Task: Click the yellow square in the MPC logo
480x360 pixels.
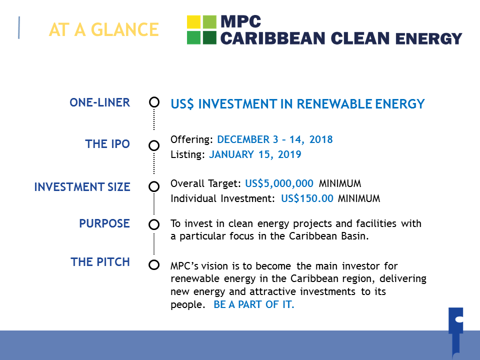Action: click(x=194, y=22)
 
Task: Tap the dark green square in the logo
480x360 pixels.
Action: click(x=209, y=37)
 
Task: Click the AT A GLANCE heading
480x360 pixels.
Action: click(x=104, y=29)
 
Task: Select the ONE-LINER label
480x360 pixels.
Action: click(x=100, y=102)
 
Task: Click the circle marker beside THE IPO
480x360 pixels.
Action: click(x=154, y=145)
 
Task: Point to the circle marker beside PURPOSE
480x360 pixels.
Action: click(x=154, y=224)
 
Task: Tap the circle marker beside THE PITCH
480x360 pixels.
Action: click(x=154, y=265)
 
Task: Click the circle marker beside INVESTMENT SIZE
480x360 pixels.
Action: click(x=154, y=186)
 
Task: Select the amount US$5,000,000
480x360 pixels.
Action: click(x=279, y=183)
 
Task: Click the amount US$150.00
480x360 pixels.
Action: click(x=307, y=198)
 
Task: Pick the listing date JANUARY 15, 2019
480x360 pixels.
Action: click(x=255, y=154)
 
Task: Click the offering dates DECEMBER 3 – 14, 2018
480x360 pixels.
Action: click(x=275, y=139)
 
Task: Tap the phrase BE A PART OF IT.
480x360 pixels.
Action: click(x=254, y=304)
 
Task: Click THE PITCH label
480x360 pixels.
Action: click(x=100, y=262)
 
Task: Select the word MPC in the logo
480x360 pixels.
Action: click(x=241, y=21)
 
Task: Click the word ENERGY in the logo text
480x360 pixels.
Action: click(x=428, y=38)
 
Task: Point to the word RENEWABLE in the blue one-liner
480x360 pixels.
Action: click(x=334, y=104)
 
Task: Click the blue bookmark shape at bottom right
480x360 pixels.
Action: click(x=456, y=332)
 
